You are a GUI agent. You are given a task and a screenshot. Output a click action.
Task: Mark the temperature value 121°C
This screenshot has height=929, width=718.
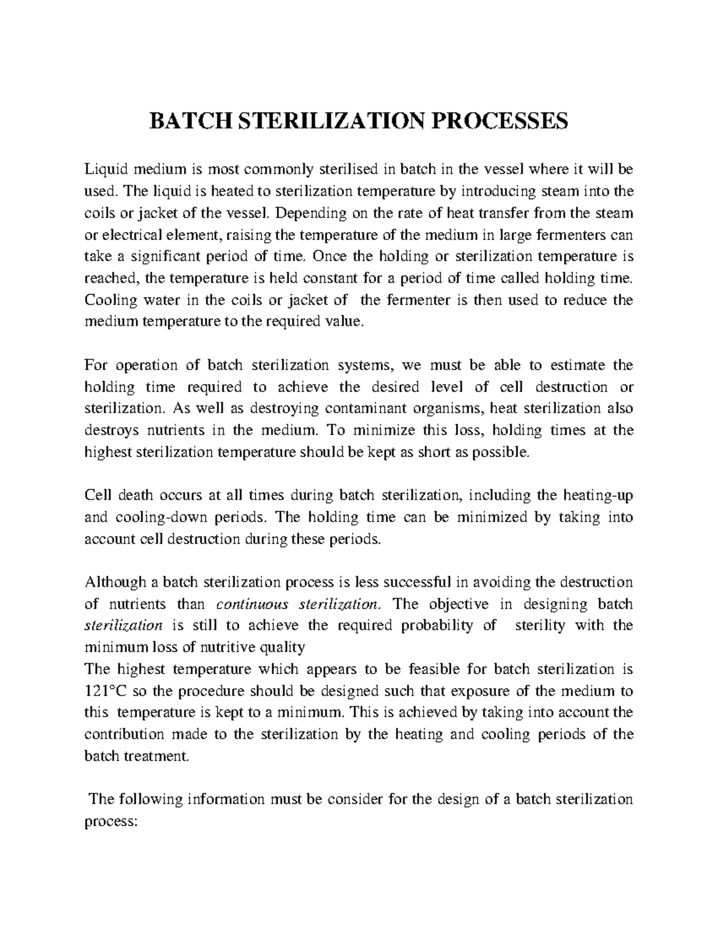point(105,691)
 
